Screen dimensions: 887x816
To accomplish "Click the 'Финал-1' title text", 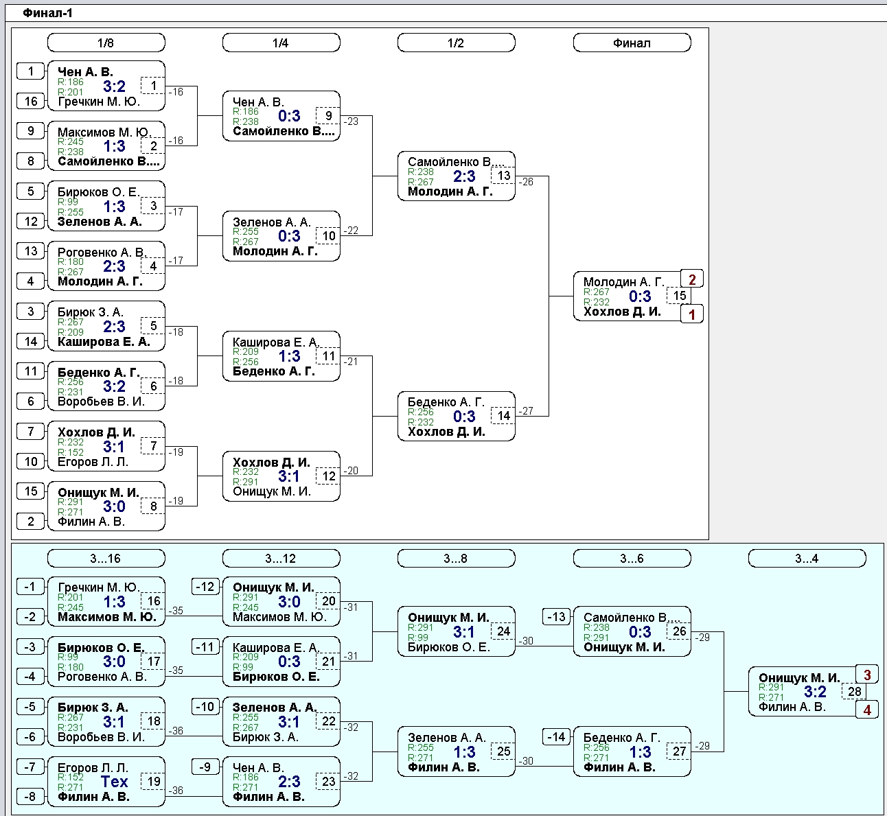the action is (x=48, y=13).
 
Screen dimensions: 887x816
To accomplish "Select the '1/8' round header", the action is (x=106, y=43).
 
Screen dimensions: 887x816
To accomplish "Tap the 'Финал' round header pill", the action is (x=632, y=43).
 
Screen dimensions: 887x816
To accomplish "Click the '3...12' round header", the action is (x=281, y=558).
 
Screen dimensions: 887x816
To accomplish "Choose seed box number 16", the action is (x=31, y=101).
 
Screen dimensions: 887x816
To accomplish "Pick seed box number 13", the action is (x=31, y=251).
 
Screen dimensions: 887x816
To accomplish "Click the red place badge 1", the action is (x=692, y=314).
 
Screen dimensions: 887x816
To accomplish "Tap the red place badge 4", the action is (x=866, y=710).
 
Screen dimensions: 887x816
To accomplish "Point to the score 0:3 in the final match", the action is (x=640, y=296).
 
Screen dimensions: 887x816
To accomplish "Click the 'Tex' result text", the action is (x=114, y=782).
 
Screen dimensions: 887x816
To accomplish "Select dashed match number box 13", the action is (x=503, y=176).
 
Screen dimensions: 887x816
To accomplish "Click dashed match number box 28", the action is (x=854, y=691).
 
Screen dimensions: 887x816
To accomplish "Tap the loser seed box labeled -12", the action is (x=205, y=587).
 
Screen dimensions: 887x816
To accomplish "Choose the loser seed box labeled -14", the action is (x=556, y=737).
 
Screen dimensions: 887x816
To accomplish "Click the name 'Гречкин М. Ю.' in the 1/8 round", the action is (x=99, y=102).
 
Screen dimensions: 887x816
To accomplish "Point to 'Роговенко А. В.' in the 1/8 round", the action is (x=102, y=252).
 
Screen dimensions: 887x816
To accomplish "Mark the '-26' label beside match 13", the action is (x=526, y=182).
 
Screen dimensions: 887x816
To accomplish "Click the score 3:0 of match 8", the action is (x=114, y=506).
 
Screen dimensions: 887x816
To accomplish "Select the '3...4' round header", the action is (x=807, y=558).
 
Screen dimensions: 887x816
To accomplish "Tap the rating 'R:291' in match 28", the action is (x=771, y=688).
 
